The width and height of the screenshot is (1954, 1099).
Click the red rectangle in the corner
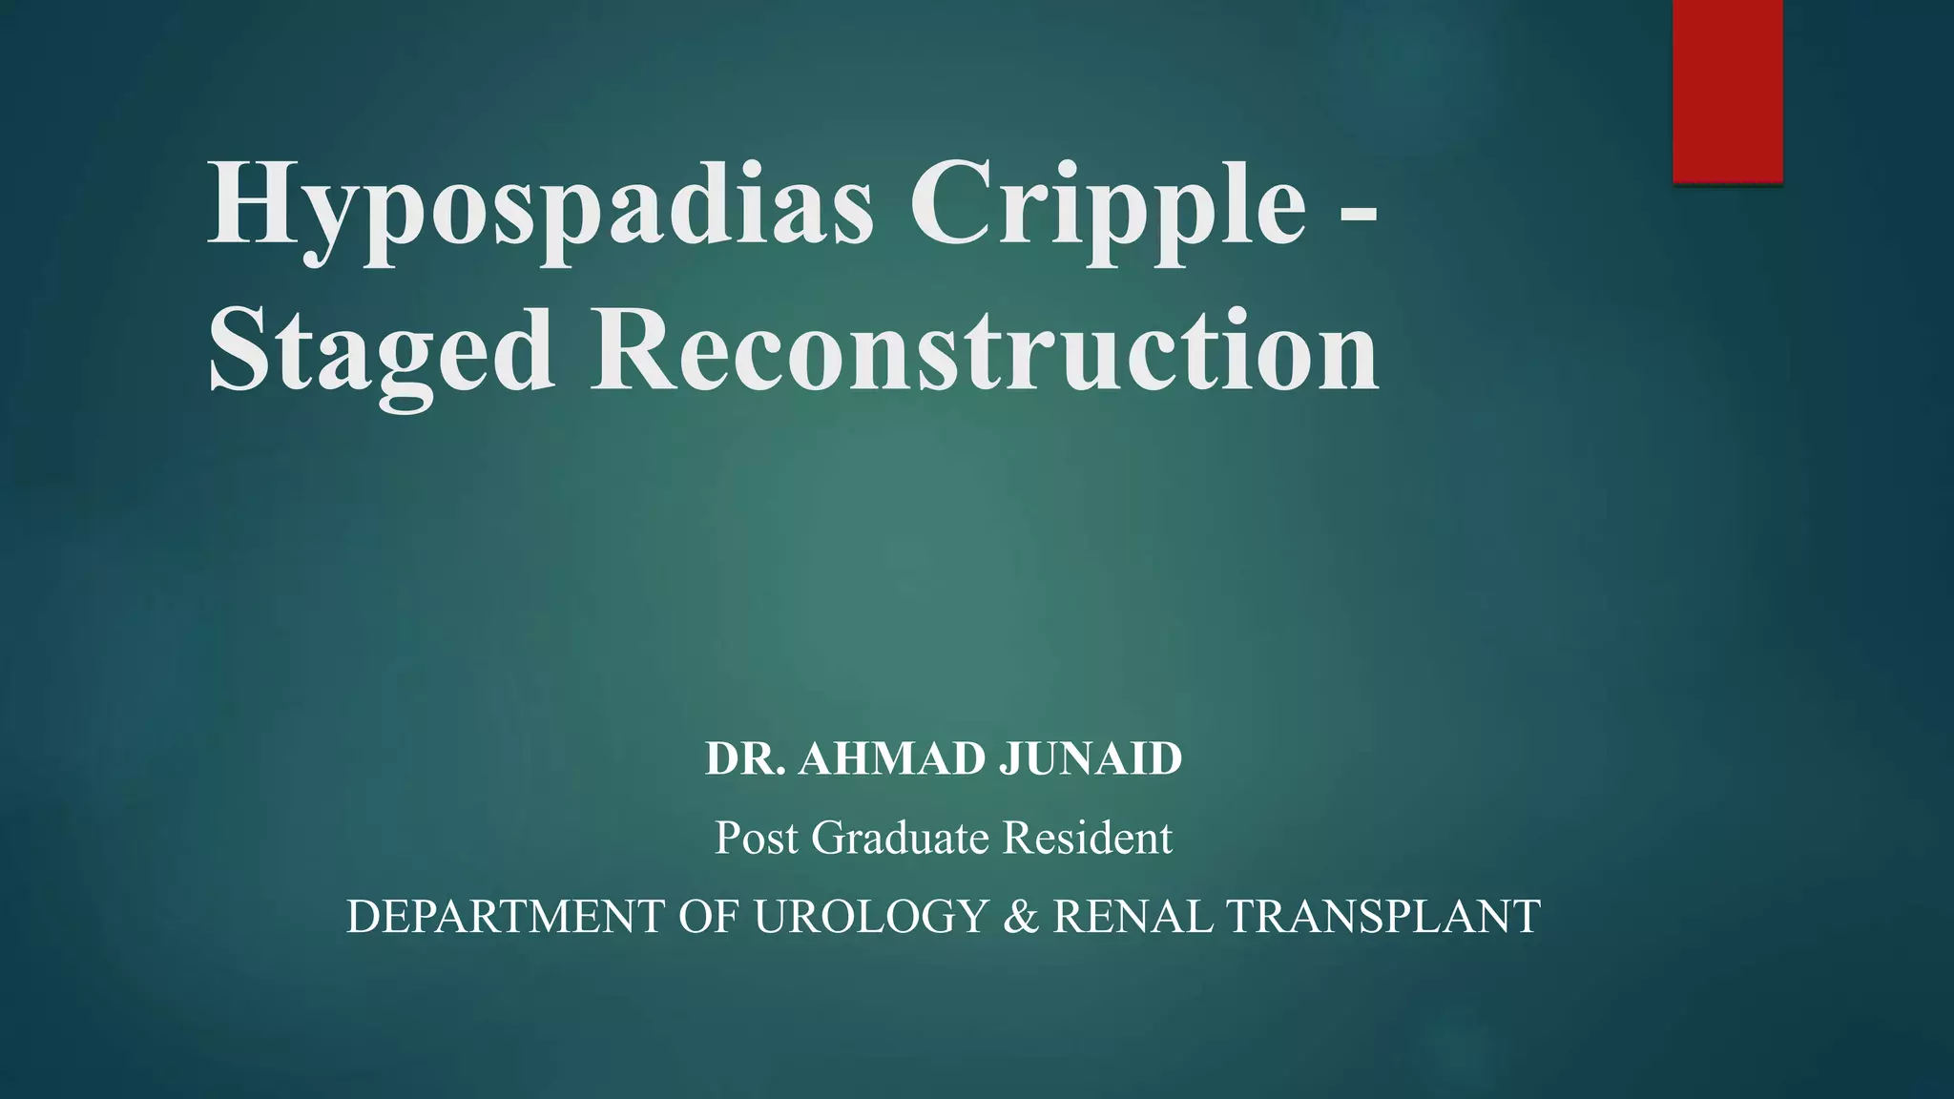1727,91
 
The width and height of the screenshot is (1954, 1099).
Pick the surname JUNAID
1090,759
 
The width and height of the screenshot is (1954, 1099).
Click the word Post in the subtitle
756,838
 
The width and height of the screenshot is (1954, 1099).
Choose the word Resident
1087,838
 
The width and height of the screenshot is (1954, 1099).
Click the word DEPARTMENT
505,917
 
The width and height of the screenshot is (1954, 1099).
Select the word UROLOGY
870,917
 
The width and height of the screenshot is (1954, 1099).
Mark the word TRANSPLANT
1382,917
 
